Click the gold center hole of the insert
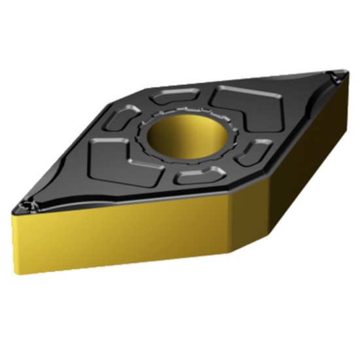(x=186, y=135)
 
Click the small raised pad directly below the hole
(x=200, y=175)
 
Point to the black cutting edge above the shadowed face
(x=288, y=137)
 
